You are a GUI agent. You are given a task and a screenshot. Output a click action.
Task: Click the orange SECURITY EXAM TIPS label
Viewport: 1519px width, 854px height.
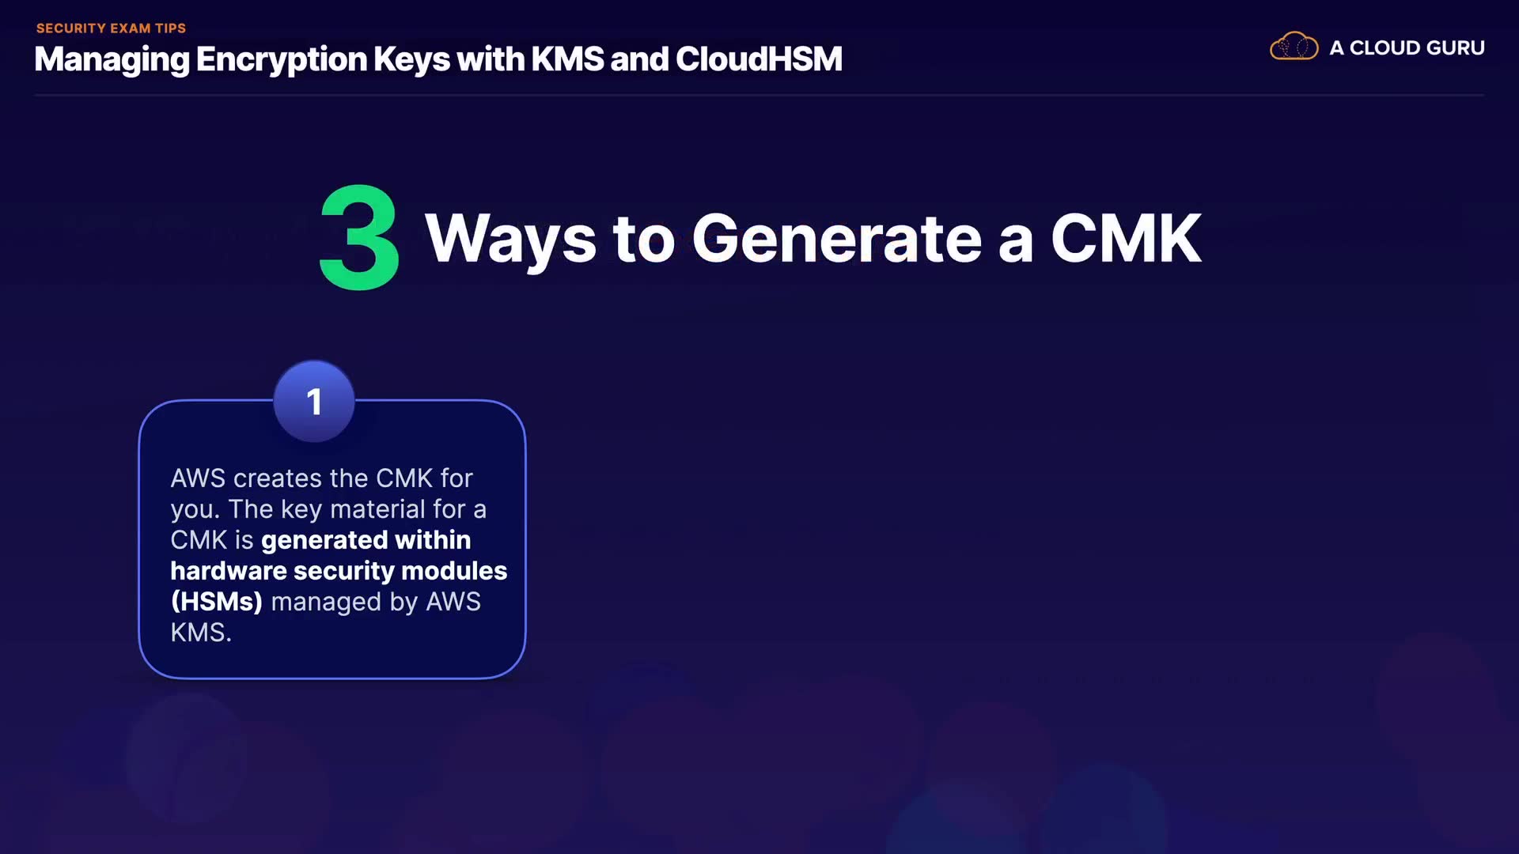[111, 28]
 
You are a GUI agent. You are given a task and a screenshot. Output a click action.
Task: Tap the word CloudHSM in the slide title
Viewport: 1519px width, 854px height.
[759, 59]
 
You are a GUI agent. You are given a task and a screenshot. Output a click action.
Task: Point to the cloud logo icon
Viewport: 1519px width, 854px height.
[1294, 47]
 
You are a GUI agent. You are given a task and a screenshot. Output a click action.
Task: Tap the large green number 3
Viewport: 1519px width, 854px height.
[359, 237]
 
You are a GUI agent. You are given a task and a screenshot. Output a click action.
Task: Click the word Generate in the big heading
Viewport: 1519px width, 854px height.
[837, 239]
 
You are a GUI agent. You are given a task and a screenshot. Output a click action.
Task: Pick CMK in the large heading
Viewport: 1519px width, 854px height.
[1126, 239]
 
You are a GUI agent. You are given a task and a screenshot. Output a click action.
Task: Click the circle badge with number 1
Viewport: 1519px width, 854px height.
[314, 402]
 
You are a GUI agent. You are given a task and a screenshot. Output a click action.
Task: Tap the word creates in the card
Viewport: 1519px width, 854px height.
[278, 478]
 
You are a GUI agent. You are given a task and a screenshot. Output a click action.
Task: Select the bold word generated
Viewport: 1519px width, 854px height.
[324, 541]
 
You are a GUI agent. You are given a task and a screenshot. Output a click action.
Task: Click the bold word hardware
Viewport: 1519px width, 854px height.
[229, 571]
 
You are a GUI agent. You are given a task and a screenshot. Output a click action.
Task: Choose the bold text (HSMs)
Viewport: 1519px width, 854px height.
[217, 602]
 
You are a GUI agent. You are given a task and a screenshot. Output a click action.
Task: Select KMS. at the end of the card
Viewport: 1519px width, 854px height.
[201, 633]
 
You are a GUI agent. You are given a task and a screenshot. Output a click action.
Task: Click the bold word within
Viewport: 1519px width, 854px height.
[433, 540]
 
